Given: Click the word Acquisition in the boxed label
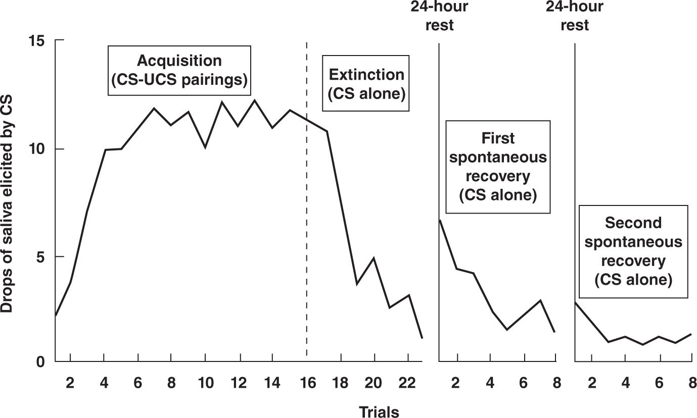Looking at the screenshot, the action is [179, 61].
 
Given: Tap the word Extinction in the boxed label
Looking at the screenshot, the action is [366, 75].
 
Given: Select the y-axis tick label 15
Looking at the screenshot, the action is [37, 41].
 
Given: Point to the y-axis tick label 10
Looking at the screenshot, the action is [37, 149].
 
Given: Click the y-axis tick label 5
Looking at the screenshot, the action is [41, 257].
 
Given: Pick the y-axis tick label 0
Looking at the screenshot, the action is [41, 362].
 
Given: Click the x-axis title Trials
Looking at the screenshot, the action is [379, 412].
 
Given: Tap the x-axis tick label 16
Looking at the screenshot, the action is [308, 383].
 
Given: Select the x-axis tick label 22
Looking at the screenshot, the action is [407, 383].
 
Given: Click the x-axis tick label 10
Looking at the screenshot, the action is [206, 383].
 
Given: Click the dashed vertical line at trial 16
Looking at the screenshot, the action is [307, 199].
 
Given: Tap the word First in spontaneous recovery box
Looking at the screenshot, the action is [498, 138].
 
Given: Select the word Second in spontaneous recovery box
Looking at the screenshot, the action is [633, 223].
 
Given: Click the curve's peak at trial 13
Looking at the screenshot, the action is [255, 100].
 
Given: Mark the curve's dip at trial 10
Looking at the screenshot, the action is [205, 147].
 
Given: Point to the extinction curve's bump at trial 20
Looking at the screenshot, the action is [374, 258].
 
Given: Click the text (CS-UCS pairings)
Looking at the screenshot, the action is [179, 80].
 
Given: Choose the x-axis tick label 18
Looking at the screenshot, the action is [340, 383].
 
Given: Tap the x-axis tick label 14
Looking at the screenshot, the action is [272, 383].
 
